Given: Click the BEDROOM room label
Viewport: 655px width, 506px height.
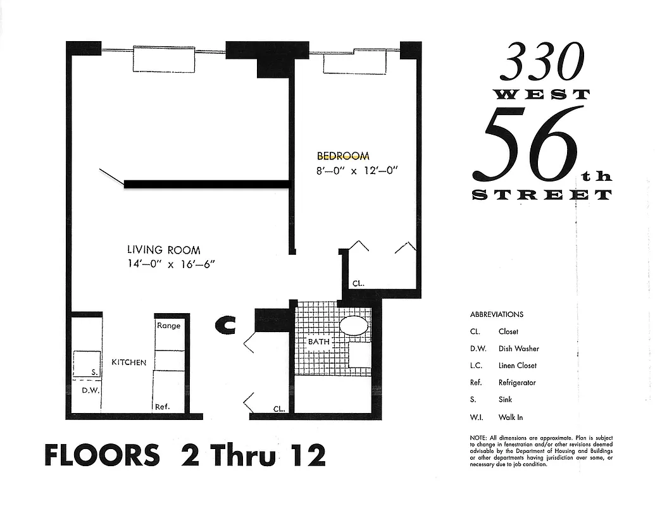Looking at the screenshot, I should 342,156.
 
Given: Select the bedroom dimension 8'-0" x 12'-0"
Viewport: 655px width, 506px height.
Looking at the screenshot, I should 357,171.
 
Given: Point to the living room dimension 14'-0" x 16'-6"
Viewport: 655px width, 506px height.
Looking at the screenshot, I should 172,264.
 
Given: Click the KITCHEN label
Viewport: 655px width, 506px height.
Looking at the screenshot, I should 129,362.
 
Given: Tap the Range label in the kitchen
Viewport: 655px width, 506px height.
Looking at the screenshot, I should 168,326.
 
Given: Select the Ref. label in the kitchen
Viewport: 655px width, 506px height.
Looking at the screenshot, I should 163,407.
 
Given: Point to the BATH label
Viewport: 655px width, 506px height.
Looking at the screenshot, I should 318,342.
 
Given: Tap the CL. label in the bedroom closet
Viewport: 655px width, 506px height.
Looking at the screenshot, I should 358,284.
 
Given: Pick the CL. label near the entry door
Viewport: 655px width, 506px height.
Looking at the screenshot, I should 279,409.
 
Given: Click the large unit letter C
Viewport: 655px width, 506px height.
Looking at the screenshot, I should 225,325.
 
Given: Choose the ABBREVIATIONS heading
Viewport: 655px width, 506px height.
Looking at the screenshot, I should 496,314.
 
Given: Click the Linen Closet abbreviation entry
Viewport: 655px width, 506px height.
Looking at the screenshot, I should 503,366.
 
